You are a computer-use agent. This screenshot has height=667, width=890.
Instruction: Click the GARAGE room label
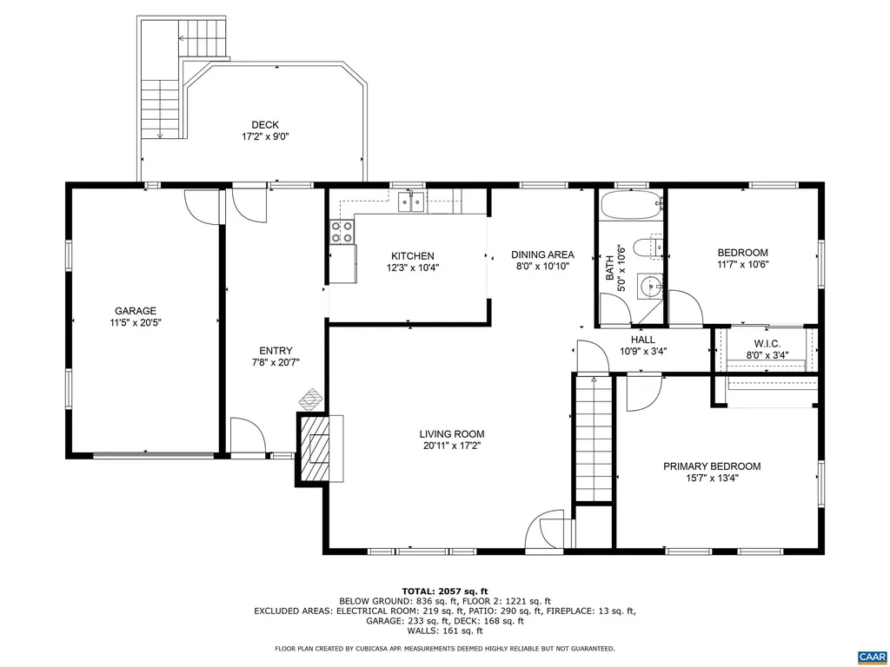(x=136, y=310)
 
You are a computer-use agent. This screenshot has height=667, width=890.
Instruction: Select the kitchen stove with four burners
(x=342, y=231)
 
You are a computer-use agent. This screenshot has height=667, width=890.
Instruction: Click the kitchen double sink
(x=411, y=202)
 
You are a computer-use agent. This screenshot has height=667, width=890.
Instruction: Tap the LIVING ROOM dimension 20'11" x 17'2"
(x=451, y=446)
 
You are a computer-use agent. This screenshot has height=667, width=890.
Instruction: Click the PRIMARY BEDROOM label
(x=712, y=466)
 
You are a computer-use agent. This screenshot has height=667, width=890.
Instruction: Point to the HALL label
(x=643, y=340)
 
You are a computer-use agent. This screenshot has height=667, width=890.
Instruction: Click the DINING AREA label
(x=542, y=254)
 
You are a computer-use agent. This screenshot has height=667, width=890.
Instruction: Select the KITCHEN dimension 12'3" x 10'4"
(x=412, y=267)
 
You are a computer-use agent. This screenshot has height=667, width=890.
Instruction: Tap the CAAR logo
(x=870, y=656)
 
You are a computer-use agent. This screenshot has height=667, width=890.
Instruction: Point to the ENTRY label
(x=276, y=351)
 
